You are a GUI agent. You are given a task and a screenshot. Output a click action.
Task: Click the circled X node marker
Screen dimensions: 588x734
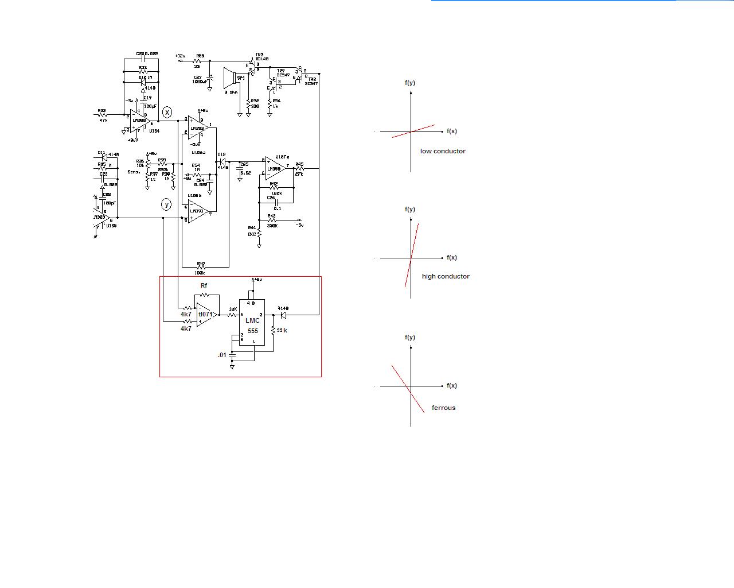point(167,112)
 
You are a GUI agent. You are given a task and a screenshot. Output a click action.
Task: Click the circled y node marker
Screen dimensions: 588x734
point(166,204)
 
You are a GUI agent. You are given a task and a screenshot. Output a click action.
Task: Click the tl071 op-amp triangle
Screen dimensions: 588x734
point(205,315)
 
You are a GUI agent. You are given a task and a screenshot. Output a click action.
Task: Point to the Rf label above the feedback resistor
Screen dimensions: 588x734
point(204,285)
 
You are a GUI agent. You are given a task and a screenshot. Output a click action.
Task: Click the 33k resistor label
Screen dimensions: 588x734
point(282,330)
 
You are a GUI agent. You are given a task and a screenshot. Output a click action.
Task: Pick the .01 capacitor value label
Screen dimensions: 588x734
point(222,355)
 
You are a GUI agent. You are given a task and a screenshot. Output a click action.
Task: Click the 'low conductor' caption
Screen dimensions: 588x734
point(443,151)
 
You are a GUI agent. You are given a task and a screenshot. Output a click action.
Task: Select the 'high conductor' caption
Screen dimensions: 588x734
point(446,276)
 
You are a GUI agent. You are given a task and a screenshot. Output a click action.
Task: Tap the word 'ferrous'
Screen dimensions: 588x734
point(443,408)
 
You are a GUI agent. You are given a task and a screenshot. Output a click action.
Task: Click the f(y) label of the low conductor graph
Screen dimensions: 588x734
point(410,83)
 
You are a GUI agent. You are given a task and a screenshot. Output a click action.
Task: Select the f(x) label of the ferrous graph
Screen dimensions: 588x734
point(452,385)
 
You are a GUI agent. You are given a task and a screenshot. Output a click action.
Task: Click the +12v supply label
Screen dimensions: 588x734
point(181,56)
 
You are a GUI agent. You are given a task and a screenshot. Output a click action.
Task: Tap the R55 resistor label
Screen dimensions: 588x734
point(200,56)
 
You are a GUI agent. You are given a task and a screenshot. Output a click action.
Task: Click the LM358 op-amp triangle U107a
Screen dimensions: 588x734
point(275,168)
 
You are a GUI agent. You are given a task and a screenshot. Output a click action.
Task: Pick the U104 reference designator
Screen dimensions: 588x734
point(154,131)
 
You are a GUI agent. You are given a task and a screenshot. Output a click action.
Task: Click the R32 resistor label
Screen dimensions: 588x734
point(101,110)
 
